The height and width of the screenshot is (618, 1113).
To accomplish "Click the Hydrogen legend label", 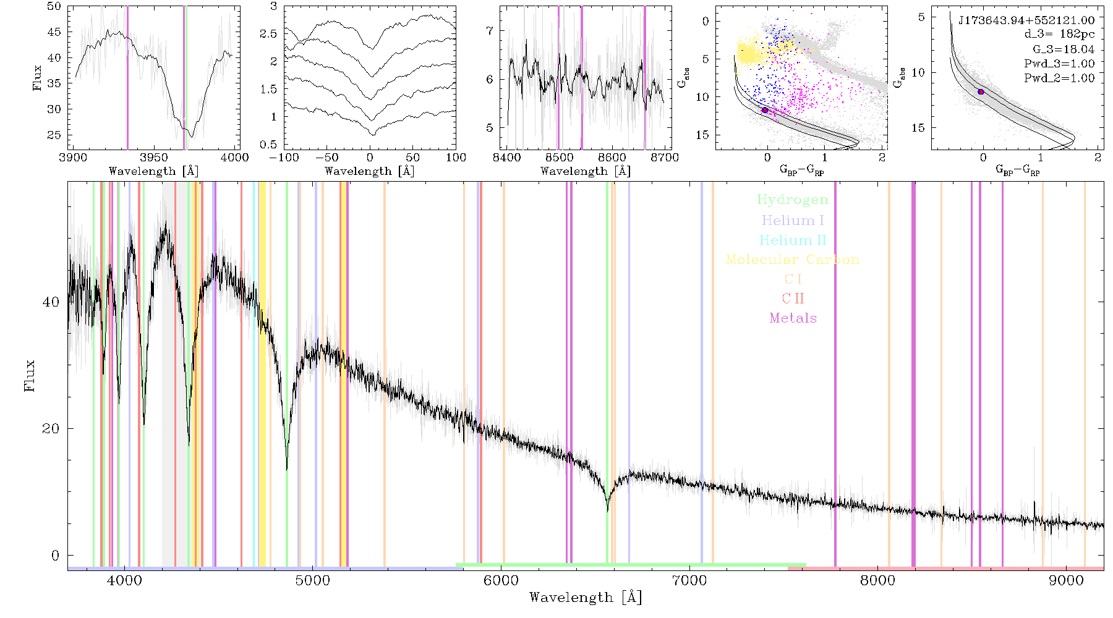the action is click(792, 200).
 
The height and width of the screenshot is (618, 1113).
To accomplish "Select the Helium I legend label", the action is click(793, 220).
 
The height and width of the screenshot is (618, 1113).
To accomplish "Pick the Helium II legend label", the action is click(793, 240).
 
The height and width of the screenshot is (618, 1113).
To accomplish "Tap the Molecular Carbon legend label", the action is click(793, 260).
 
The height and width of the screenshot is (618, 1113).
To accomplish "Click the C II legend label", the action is click(793, 298).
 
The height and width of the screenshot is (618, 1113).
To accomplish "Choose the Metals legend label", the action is click(793, 318).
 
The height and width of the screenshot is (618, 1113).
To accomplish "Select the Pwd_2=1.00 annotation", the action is click(1059, 78).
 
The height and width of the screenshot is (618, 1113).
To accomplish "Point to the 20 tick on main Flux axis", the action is click(51, 429).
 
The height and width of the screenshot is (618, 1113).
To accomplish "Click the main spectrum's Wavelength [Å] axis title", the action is click(586, 598).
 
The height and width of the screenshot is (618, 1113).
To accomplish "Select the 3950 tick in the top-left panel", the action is click(154, 158).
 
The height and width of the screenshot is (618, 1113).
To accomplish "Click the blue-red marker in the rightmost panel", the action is click(981, 92).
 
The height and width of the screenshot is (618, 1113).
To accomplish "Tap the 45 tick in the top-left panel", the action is click(54, 32).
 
